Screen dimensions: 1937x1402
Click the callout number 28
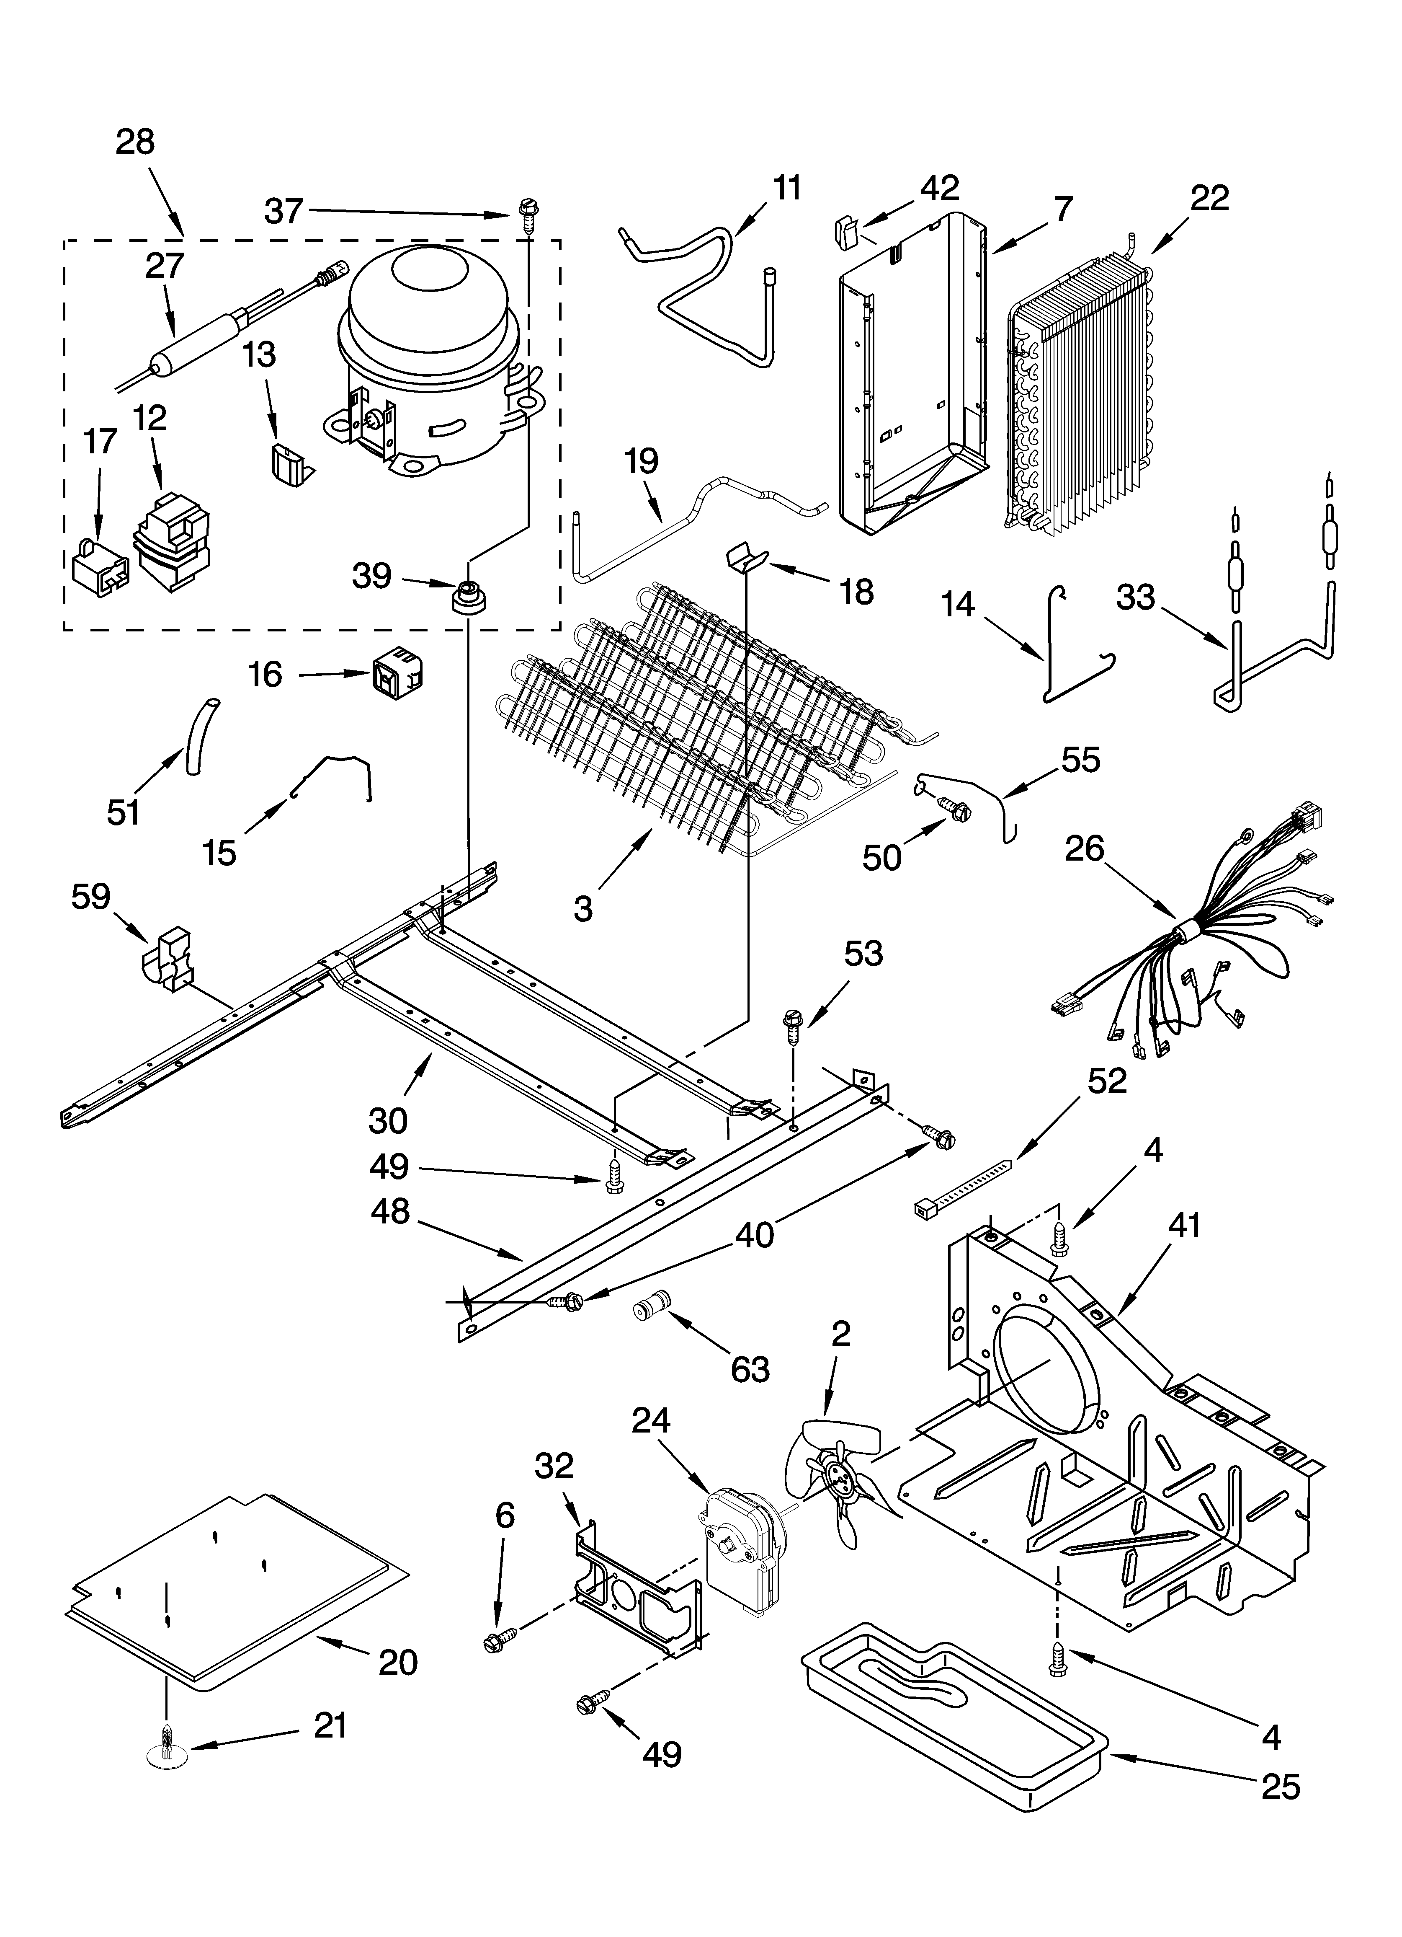tap(135, 142)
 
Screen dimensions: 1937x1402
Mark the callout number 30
tap(388, 1120)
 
